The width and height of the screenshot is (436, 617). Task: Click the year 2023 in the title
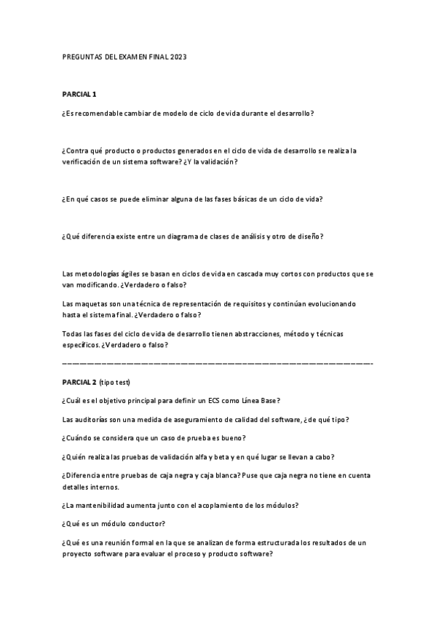click(179, 56)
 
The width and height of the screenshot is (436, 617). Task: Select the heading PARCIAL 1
click(79, 94)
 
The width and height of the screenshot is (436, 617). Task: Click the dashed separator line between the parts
click(218, 362)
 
